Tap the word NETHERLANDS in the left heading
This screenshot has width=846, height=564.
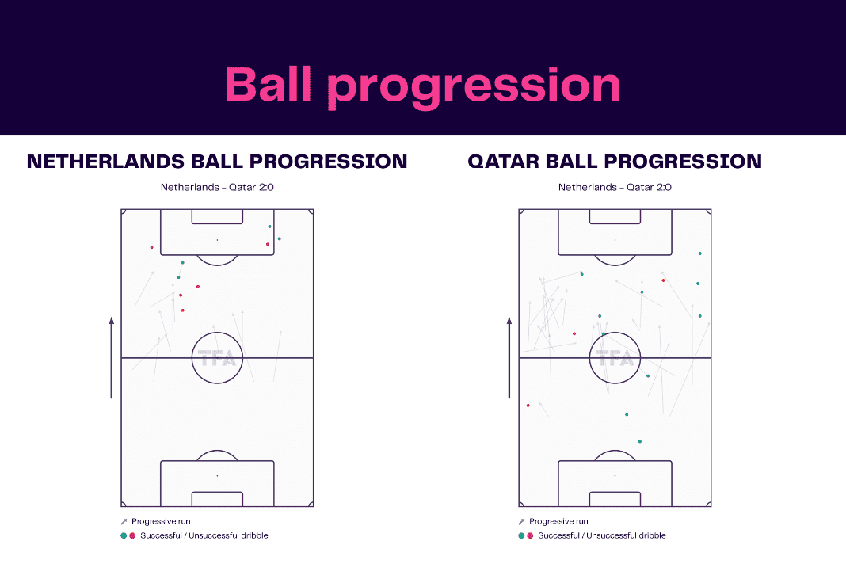pyautogui.click(x=106, y=162)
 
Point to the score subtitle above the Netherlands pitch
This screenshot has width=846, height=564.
pyautogui.click(x=217, y=188)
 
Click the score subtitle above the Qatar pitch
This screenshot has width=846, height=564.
pyautogui.click(x=615, y=188)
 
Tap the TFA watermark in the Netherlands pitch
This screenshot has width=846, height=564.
pyautogui.click(x=216, y=358)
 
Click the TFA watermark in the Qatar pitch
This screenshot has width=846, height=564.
pyautogui.click(x=615, y=358)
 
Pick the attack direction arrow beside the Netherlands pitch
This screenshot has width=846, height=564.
pyautogui.click(x=112, y=358)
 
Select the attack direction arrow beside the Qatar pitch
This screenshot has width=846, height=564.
pyautogui.click(x=509, y=358)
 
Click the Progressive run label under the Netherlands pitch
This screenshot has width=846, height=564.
pyautogui.click(x=161, y=521)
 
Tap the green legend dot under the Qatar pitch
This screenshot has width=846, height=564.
pyautogui.click(x=521, y=535)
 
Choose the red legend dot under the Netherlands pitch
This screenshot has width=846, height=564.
pyautogui.click(x=132, y=535)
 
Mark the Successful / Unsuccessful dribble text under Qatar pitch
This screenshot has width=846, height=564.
pyautogui.click(x=601, y=535)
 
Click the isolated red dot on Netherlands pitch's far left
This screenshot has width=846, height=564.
pyautogui.click(x=151, y=247)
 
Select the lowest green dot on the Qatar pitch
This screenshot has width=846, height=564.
pyautogui.click(x=640, y=441)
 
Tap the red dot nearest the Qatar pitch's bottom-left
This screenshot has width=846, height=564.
pyautogui.click(x=528, y=406)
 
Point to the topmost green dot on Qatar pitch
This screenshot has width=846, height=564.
pyautogui.click(x=700, y=253)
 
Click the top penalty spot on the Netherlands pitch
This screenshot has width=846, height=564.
pyautogui.click(x=217, y=239)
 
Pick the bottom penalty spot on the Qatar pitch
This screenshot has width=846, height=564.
pyautogui.click(x=615, y=475)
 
